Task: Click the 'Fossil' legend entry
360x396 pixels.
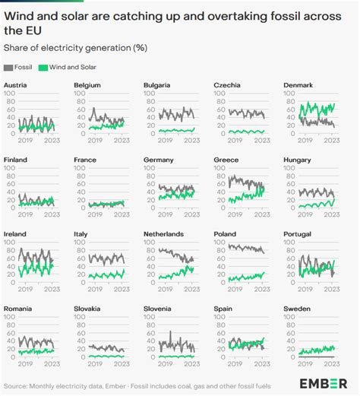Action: [23, 67]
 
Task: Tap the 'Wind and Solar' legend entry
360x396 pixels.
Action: [70, 67]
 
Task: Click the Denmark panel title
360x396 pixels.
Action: [298, 86]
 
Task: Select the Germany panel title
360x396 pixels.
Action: [159, 160]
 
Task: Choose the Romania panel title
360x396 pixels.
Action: [18, 309]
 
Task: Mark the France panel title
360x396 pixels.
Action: [85, 160]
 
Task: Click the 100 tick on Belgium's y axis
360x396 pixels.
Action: [79, 94]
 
